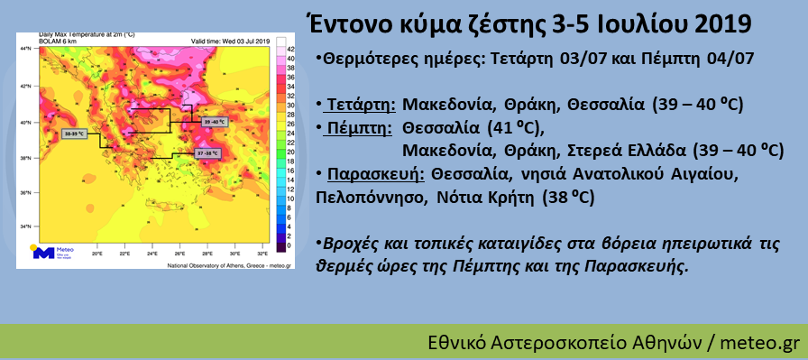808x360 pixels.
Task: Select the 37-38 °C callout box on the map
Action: click(x=208, y=154)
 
